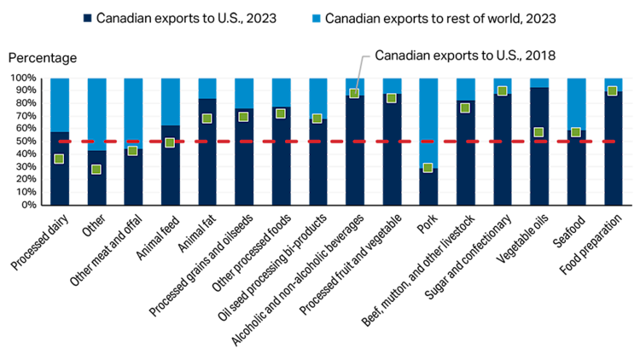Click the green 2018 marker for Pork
[x=428, y=168]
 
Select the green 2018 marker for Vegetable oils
[x=538, y=132]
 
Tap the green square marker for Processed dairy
[x=59, y=159]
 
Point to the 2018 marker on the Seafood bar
[x=575, y=132]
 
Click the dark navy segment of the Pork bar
[x=428, y=187]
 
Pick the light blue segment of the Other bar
[x=96, y=114]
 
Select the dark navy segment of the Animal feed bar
[x=170, y=165]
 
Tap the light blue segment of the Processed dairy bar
[x=60, y=105]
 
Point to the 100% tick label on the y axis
[x=23, y=78]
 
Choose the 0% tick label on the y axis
[x=28, y=205]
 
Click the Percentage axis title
[x=43, y=58]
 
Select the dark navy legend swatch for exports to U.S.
[x=87, y=19]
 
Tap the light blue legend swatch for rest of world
[x=317, y=19]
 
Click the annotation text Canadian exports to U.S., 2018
[x=465, y=55]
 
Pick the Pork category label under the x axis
[x=428, y=224]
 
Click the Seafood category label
[x=569, y=231]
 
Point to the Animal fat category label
[x=197, y=234]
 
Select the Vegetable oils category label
[x=522, y=239]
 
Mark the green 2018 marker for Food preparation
[x=612, y=91]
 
